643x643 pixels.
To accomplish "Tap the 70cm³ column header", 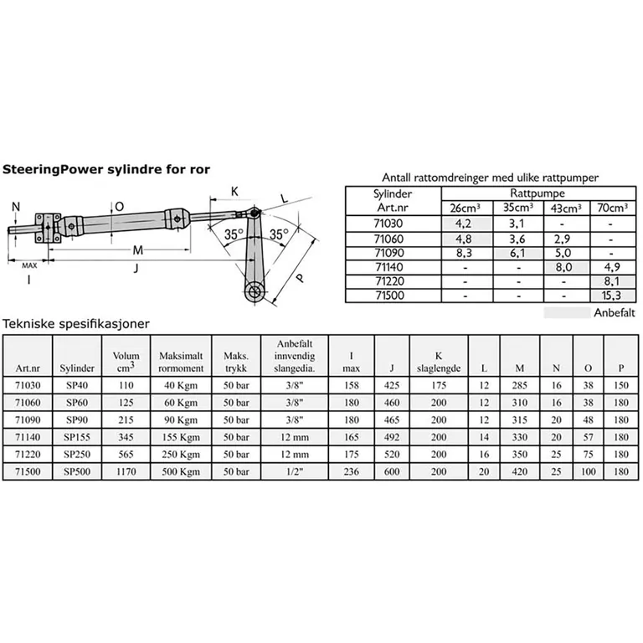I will tap(611, 208).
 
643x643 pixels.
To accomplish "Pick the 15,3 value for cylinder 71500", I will tap(611, 296).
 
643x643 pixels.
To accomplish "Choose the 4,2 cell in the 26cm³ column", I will tap(465, 224).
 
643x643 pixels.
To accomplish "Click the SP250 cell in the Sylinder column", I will tap(76, 455).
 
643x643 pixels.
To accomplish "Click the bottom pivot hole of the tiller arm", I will tap(255, 293).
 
